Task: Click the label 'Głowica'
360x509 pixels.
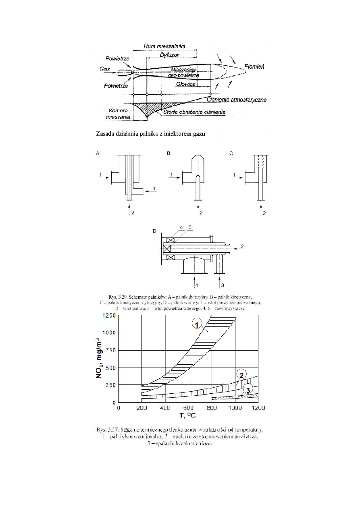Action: [x=186, y=85]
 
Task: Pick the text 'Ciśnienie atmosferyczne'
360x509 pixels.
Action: [x=236, y=100]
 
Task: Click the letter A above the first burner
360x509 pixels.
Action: [x=97, y=154]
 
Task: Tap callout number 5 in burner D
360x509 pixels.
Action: [x=189, y=228]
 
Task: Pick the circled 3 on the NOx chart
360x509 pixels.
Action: [x=249, y=389]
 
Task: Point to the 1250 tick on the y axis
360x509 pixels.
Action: [x=108, y=316]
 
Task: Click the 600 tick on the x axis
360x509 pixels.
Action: [x=188, y=408]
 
